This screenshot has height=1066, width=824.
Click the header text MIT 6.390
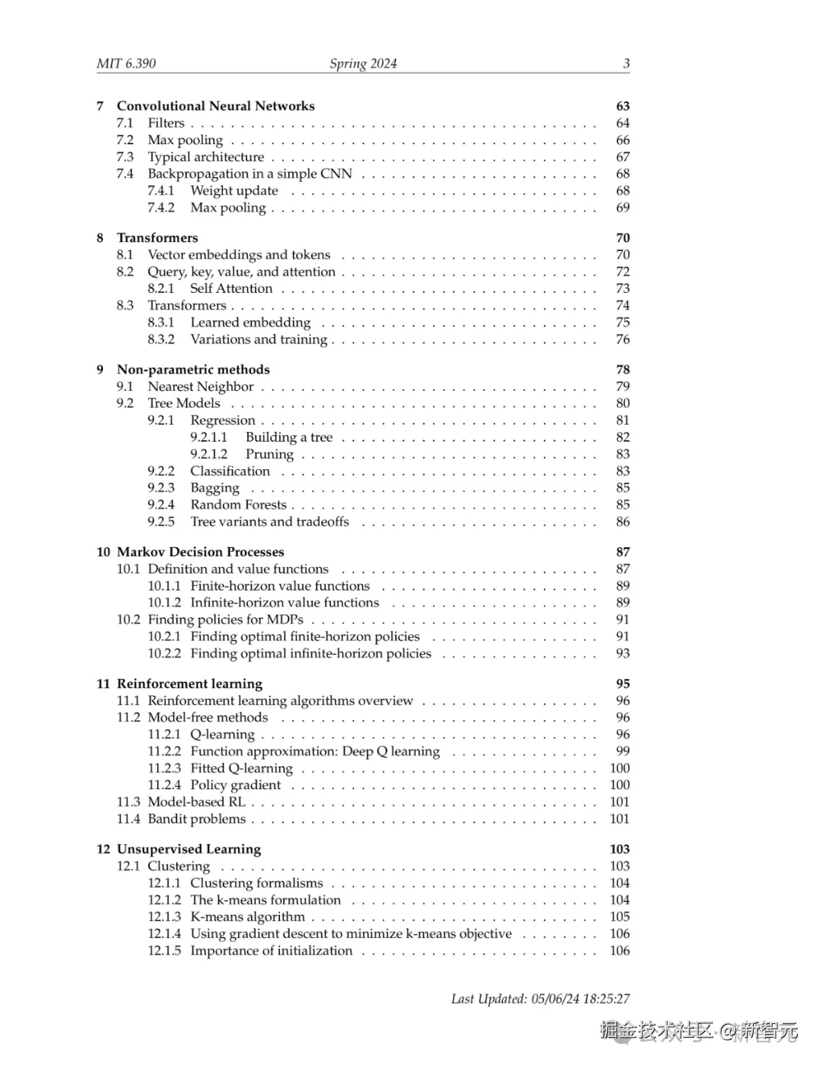pos(126,63)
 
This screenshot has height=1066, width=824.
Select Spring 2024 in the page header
pos(363,63)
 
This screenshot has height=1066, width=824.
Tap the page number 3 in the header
pos(626,63)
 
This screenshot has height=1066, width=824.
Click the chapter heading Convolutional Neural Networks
pos(215,106)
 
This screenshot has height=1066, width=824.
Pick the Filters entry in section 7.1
pos(166,123)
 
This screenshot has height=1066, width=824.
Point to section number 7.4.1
pos(161,191)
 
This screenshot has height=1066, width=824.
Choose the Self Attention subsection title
pos(231,288)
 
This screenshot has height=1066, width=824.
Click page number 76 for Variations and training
pos(623,339)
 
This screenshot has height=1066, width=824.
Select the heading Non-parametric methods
pos(193,369)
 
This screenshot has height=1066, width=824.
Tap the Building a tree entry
pos(289,437)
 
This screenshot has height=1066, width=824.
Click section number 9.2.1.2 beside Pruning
pos(209,454)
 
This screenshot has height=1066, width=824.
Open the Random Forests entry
pos(238,504)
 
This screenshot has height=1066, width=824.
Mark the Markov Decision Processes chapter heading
pos(200,552)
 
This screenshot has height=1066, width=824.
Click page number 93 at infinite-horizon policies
pos(623,653)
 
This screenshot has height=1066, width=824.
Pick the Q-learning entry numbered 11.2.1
pos(222,734)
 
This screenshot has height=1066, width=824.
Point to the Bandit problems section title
pos(197,819)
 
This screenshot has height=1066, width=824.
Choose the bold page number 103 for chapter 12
pos(620,849)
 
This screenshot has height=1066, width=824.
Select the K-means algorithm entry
pos(247,916)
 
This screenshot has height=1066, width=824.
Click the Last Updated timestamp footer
pos(540,998)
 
